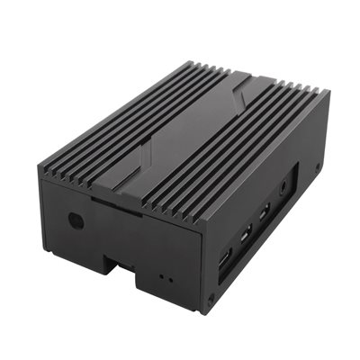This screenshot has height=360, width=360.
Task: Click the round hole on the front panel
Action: click(x=76, y=220)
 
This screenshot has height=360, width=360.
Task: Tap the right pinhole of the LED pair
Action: click(x=166, y=279)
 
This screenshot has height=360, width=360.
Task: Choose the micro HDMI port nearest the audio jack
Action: click(x=264, y=215)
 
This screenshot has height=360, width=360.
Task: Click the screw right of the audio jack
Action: click(x=318, y=166)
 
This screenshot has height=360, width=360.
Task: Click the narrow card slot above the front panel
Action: click(x=114, y=205)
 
